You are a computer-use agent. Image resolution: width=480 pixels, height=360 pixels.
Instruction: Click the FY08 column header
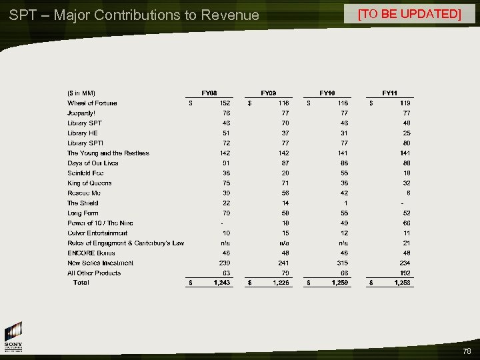click(209, 93)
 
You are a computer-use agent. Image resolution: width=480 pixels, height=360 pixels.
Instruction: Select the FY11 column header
click(389, 93)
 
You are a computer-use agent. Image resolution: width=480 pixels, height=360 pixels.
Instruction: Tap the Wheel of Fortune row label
click(92, 103)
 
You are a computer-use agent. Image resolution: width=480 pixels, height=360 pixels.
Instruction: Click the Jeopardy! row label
click(81, 113)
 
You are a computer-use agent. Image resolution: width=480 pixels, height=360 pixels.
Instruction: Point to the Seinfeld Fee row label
click(85, 173)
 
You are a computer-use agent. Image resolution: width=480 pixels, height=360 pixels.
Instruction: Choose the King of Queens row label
click(89, 183)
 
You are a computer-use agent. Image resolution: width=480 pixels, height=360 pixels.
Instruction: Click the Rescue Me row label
click(84, 193)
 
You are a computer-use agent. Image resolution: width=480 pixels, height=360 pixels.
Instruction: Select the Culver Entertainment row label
click(97, 233)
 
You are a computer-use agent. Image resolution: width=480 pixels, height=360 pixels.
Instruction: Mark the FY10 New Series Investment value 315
click(343, 263)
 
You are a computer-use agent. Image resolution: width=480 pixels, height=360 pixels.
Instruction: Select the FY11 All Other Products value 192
click(405, 273)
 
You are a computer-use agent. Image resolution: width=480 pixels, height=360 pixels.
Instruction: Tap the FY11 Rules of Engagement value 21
click(407, 243)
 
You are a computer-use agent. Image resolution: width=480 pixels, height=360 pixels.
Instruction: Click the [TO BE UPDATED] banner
click(409, 14)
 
